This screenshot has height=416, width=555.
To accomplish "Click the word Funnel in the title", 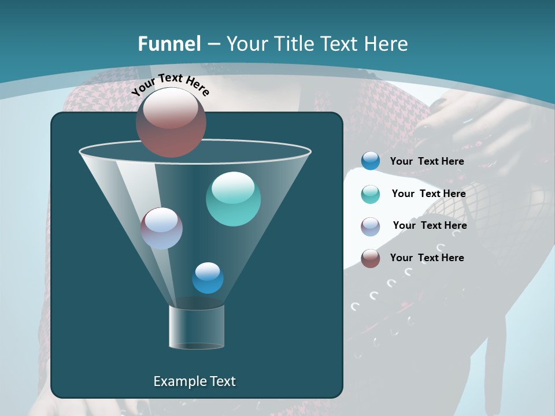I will tap(169, 44).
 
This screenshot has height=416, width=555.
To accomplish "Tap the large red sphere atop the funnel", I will tap(171, 122).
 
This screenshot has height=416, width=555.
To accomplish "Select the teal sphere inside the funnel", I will tap(233, 199).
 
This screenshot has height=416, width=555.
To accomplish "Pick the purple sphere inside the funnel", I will tap(161, 228).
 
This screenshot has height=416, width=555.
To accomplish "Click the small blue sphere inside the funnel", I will tap(208, 278).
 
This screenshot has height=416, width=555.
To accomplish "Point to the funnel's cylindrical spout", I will tap(197, 327).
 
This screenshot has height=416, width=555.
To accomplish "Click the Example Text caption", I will tap(194, 381).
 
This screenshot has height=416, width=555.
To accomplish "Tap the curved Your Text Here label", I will tap(170, 84).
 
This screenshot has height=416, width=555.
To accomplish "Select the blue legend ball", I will tap(371, 161).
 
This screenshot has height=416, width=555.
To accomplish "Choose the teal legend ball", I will tap(371, 194).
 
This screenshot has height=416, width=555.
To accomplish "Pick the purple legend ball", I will tap(371, 226).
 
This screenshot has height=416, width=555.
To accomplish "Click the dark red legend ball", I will tap(371, 258).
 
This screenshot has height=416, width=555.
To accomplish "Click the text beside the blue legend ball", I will tap(427, 162).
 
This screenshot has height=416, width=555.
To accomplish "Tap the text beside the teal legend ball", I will tap(428, 194).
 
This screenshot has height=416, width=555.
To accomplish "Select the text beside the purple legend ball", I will tap(430, 226).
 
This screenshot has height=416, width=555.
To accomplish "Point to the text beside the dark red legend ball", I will tap(427, 258).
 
